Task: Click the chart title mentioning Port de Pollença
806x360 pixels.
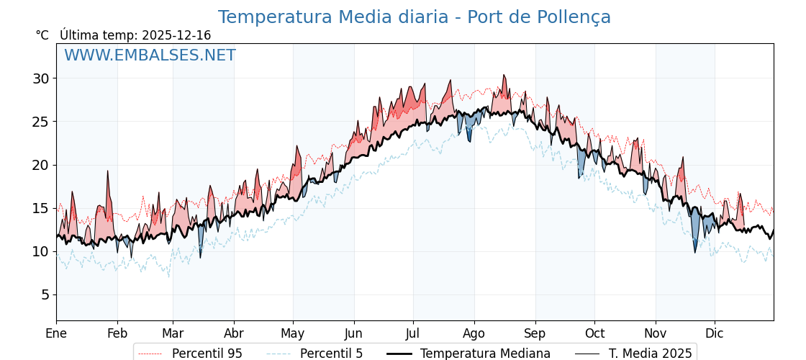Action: pyautogui.click(x=414, y=17)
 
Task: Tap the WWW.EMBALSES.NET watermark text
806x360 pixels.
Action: pyautogui.click(x=150, y=55)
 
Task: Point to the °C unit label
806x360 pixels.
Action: pyautogui.click(x=42, y=35)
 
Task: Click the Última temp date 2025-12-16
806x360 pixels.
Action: pyautogui.click(x=176, y=35)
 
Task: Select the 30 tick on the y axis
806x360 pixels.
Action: pyautogui.click(x=40, y=78)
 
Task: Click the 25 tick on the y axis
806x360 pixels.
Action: pyautogui.click(x=40, y=122)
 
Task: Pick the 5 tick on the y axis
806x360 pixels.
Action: pyautogui.click(x=44, y=294)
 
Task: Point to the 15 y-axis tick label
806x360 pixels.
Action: pyautogui.click(x=40, y=208)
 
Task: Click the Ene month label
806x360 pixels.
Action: pyautogui.click(x=56, y=333)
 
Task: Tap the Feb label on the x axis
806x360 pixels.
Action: pyautogui.click(x=117, y=333)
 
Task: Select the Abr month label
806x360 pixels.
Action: pyautogui.click(x=234, y=333)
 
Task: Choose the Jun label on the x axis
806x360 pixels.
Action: pyautogui.click(x=354, y=333)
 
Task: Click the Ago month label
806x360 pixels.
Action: pyautogui.click(x=474, y=333)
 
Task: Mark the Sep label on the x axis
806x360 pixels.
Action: pyautogui.click(x=535, y=333)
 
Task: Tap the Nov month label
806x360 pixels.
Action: pyautogui.click(x=656, y=333)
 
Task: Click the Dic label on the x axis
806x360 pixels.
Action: pyautogui.click(x=715, y=333)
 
